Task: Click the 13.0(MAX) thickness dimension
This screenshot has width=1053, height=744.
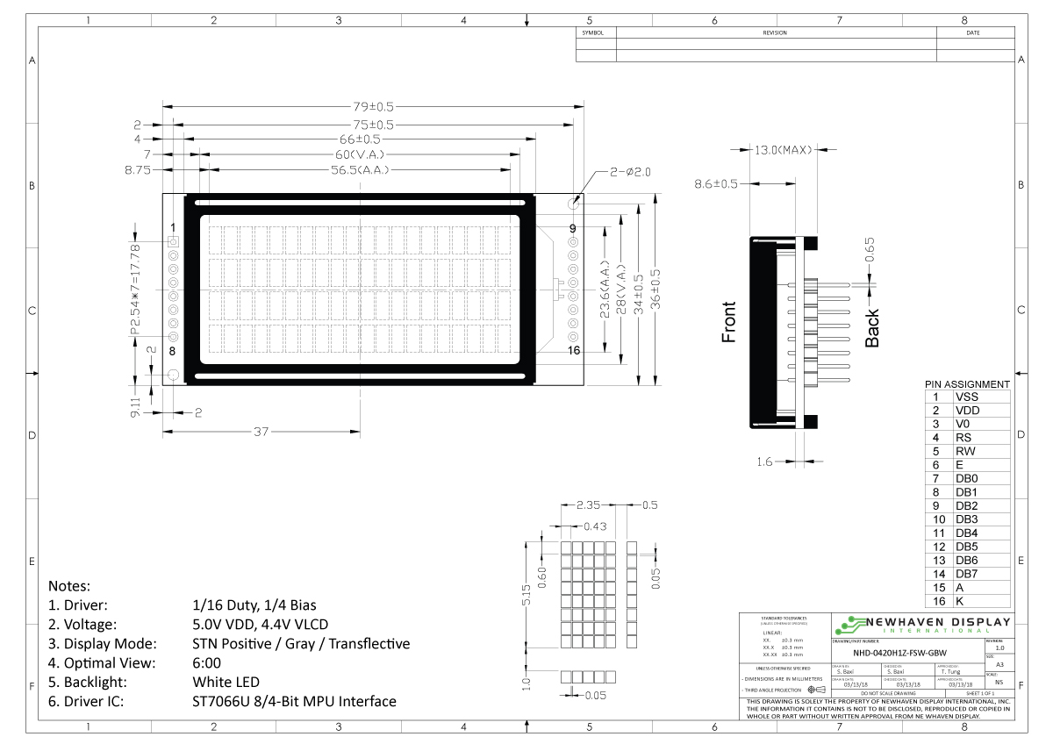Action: tap(784, 151)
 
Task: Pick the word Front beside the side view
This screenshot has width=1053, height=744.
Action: tap(729, 322)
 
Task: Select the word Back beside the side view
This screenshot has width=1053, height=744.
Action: tap(872, 328)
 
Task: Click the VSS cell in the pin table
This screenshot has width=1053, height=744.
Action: tap(966, 397)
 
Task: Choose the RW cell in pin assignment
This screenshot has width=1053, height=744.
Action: tap(966, 451)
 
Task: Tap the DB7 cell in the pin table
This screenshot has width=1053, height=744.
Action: tap(966, 573)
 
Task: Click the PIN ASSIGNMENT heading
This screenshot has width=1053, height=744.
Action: tap(967, 384)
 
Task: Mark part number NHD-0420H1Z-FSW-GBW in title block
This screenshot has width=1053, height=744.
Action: tap(900, 652)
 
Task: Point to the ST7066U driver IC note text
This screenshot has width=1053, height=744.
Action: tap(294, 702)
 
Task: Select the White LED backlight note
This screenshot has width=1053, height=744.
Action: tap(226, 682)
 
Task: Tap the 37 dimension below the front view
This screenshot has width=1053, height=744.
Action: tap(261, 433)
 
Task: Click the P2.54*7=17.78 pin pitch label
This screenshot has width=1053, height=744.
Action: tap(135, 290)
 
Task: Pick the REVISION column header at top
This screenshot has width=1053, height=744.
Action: tap(776, 32)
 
